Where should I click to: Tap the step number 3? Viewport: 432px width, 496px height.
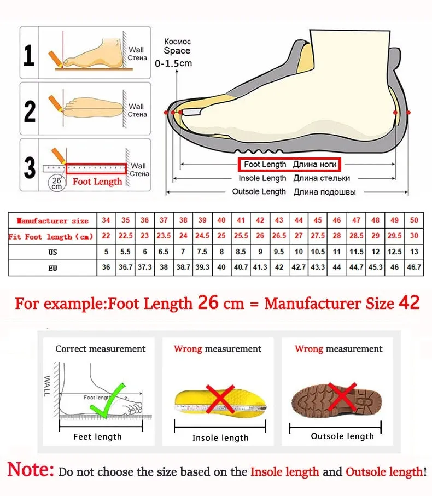tap(30, 167)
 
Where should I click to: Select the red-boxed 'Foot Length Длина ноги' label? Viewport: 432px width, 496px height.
tap(289, 164)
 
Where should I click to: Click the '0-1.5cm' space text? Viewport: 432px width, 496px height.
tap(173, 63)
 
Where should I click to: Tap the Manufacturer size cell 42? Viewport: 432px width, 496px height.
tap(260, 220)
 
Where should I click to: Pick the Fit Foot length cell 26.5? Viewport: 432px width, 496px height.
tap(279, 236)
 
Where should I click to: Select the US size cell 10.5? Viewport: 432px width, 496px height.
tap(318, 252)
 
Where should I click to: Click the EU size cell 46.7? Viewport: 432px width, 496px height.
tap(414, 268)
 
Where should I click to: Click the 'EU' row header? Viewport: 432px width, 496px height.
tap(52, 269)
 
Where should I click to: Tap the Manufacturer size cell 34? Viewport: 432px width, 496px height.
tap(106, 220)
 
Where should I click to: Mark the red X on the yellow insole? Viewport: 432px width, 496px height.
tap(220, 400)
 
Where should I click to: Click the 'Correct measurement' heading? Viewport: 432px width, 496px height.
tap(101, 349)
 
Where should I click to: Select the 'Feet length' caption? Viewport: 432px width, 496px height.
tap(98, 436)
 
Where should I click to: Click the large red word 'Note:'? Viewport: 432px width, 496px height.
tap(31, 469)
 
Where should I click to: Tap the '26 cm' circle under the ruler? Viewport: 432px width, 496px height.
tap(56, 182)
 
